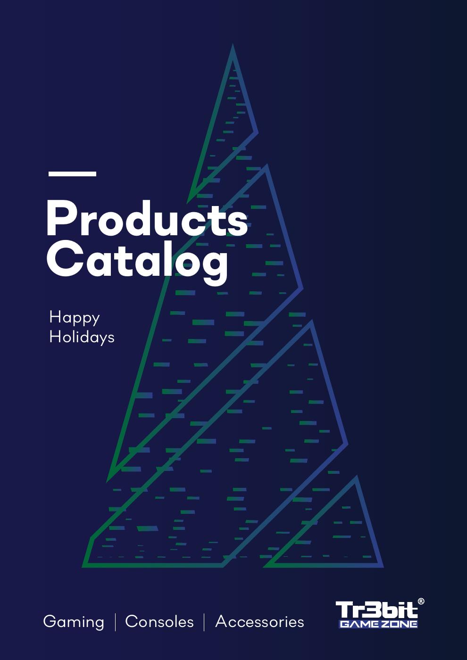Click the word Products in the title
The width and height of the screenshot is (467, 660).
(147, 219)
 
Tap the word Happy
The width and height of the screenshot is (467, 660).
(75, 317)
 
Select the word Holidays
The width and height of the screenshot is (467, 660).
(82, 337)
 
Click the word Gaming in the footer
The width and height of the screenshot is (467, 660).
(74, 622)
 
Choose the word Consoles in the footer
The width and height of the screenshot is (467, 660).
(159, 622)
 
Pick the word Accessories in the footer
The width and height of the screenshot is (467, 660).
(259, 622)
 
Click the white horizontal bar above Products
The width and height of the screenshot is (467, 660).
(72, 174)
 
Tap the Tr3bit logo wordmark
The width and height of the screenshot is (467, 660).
(376, 610)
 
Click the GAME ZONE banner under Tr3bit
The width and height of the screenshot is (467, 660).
(378, 624)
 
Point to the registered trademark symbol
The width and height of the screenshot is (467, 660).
(421, 601)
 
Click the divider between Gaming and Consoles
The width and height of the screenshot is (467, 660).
(115, 622)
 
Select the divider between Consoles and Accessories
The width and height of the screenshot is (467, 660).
(204, 622)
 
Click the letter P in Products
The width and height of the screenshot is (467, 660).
(62, 219)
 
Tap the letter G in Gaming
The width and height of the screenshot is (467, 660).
(49, 622)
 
